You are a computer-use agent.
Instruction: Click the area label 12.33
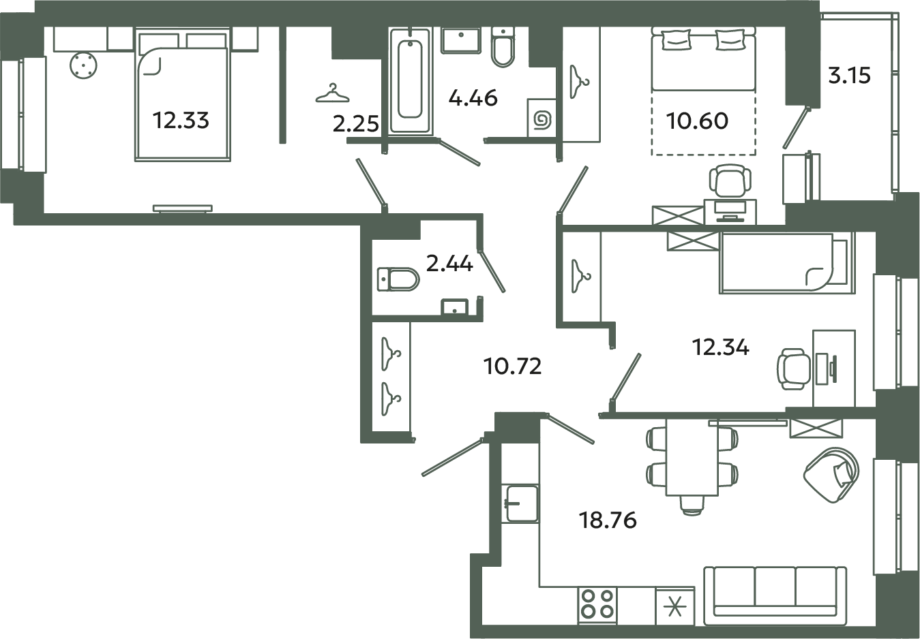pos(181,121)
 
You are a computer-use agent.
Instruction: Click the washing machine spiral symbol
pos(542,119)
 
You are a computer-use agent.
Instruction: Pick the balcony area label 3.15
pos(849,75)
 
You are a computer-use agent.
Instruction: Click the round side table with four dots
pos(83,66)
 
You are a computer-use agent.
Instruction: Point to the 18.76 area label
pos(608,520)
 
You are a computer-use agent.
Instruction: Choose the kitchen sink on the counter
pos(521,503)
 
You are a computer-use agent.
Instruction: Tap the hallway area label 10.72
pos(512,367)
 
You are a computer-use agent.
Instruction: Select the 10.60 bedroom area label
pos(698,121)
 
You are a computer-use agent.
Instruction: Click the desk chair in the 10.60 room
pos(729,181)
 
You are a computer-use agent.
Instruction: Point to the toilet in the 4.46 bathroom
pos(503,46)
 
